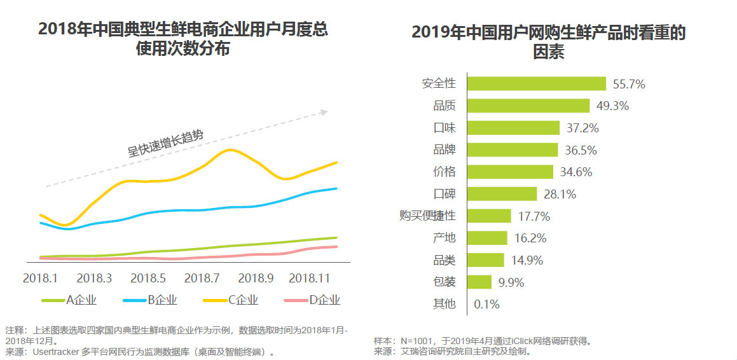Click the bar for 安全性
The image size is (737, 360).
pos(536,83)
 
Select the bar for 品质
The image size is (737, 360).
pos(528,106)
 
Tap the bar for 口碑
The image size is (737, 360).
pos(502,193)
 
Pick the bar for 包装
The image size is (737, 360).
pos(479,282)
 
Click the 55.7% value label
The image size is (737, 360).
pos(629,84)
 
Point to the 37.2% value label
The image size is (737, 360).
pos(582,128)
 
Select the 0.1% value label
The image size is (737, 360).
pos(486,304)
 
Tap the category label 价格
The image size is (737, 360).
pos(444,172)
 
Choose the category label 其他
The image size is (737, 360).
pos(444,304)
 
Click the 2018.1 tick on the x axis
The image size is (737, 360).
pos(40,279)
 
